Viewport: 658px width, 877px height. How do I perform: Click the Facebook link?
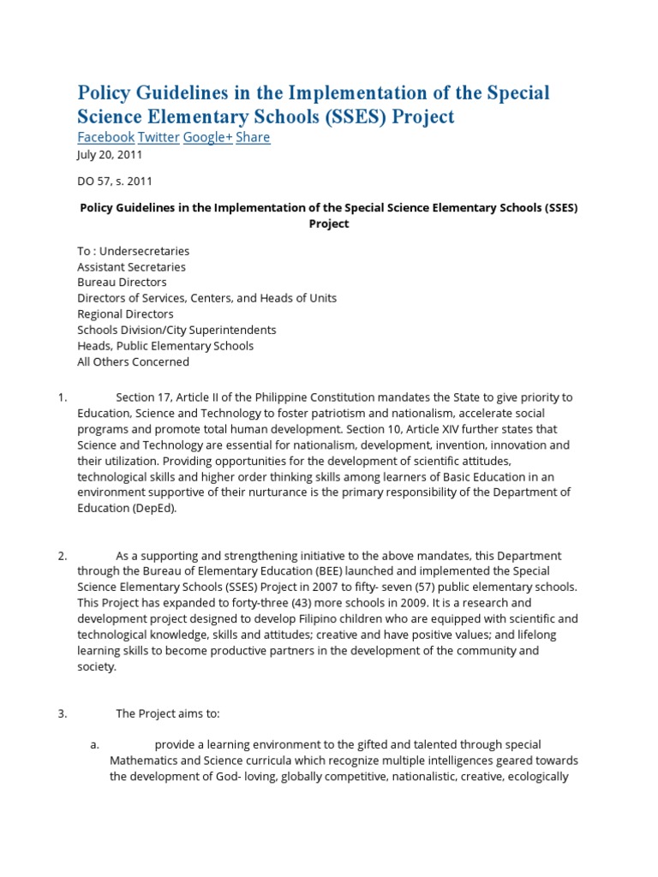coord(105,137)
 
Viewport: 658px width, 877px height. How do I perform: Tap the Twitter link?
coord(159,137)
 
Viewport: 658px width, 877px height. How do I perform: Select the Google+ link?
coord(207,137)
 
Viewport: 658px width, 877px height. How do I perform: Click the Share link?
coord(253,137)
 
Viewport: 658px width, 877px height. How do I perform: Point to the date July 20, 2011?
coord(110,155)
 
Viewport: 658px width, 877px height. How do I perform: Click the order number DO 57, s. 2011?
coord(115,181)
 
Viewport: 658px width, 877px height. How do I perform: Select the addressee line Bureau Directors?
coord(122,282)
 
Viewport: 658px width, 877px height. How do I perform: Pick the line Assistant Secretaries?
coord(131,266)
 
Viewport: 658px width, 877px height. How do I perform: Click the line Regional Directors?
coord(125,313)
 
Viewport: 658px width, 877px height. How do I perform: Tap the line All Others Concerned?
coord(133,361)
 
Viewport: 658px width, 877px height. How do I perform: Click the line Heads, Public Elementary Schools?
coord(165,346)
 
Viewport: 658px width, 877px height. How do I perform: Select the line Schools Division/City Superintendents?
coord(176,330)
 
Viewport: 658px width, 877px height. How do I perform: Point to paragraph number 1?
coord(62,397)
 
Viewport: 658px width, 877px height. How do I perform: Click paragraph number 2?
coord(62,556)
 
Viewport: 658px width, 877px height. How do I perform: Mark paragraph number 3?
coord(62,713)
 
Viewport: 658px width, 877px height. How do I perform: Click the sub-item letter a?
coord(95,745)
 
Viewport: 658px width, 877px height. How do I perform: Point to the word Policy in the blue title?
coord(106,92)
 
